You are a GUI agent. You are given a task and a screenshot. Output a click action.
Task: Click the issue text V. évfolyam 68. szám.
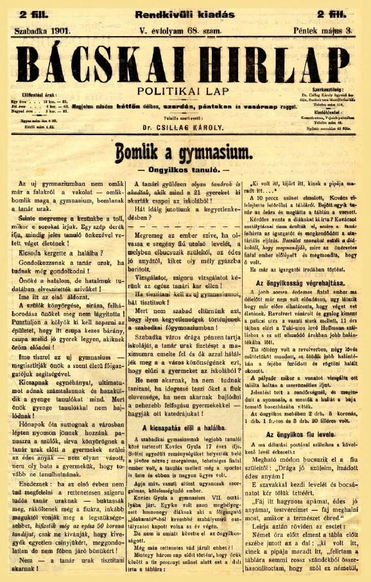180,30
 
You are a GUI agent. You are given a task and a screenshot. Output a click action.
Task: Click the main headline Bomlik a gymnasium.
185,152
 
